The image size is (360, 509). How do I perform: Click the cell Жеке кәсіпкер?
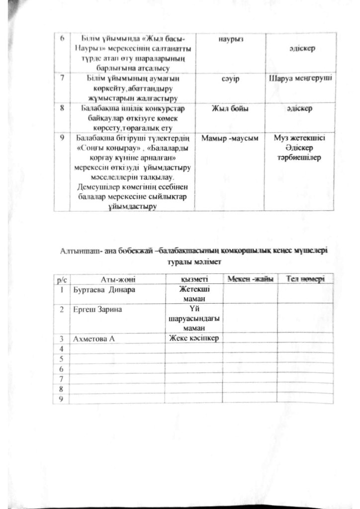click(x=194, y=338)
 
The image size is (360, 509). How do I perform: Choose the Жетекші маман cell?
click(x=194, y=293)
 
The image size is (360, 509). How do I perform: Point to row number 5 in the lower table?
click(x=62, y=358)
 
